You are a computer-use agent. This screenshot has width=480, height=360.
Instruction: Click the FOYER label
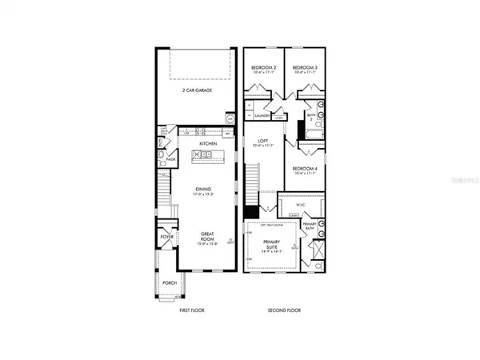[166, 237]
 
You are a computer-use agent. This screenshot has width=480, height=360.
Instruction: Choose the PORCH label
[169, 283]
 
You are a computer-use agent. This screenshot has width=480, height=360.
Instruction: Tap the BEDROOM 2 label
[263, 67]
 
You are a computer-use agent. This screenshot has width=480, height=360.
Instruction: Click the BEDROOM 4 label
[305, 167]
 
